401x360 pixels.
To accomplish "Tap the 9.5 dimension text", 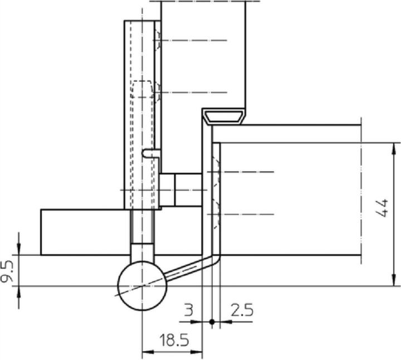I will (x=9, y=271).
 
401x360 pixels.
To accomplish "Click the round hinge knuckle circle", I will (x=143, y=285).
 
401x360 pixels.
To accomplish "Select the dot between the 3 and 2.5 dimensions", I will (x=212, y=322).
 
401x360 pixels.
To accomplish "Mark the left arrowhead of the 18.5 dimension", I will (x=146, y=351).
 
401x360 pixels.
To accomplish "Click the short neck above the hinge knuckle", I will (x=143, y=251).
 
